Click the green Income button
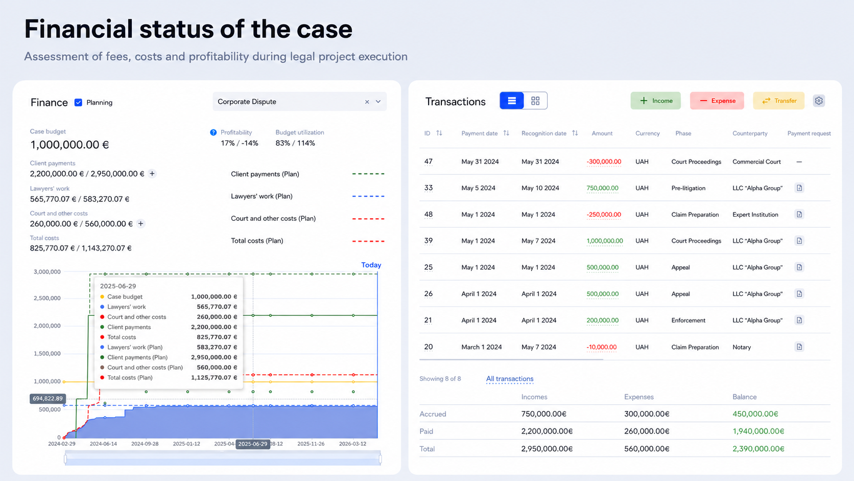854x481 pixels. point(655,101)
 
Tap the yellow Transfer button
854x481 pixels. point(778,101)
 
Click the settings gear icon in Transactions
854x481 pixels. point(819,101)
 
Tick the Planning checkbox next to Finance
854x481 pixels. point(78,102)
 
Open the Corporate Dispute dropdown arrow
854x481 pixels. point(378,101)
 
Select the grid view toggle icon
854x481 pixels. point(535,101)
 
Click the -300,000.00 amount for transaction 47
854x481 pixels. point(604,162)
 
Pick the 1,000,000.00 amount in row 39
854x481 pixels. point(605,241)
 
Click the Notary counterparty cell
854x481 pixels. point(742,347)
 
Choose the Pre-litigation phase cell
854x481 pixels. point(688,188)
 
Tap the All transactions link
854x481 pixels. point(510,379)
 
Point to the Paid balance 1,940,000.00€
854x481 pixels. point(758,431)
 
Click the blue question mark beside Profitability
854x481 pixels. point(213,132)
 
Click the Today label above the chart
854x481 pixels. point(371,265)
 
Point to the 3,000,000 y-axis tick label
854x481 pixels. point(47,271)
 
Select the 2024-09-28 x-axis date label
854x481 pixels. point(145,444)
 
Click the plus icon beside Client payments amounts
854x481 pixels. point(152,174)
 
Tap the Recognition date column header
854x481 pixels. point(543,133)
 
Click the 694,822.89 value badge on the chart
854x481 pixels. point(48,399)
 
